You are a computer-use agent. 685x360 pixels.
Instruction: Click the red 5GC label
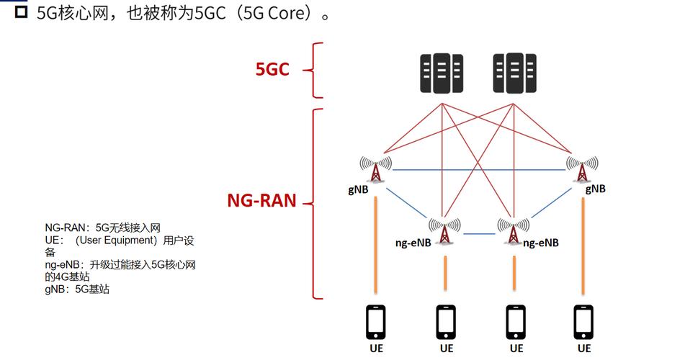272,70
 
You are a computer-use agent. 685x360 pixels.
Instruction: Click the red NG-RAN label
262,201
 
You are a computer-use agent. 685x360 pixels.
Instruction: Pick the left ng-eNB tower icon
444,231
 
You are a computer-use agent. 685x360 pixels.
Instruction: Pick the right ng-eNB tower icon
513,231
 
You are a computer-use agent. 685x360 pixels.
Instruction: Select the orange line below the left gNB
376,245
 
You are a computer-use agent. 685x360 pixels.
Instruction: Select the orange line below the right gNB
582,245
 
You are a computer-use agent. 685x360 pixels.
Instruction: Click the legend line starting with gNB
77,289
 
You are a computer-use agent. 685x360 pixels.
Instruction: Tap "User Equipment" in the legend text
117,240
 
